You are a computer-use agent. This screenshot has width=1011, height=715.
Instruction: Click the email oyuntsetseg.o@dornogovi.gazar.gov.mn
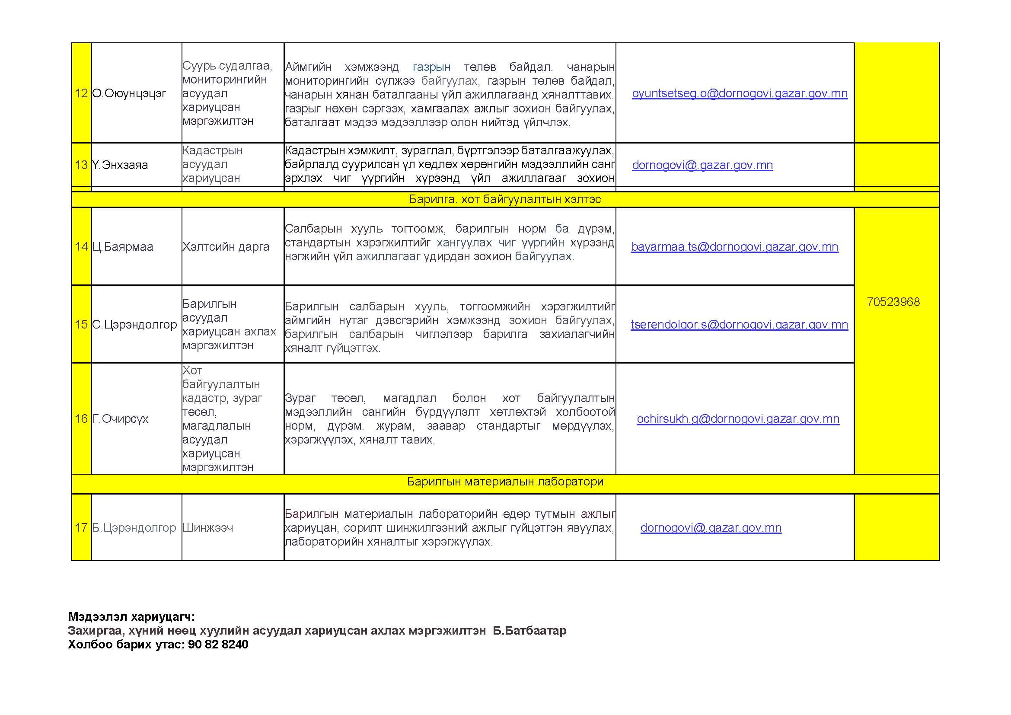(x=739, y=93)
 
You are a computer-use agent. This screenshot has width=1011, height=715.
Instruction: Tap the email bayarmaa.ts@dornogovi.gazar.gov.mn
(x=734, y=247)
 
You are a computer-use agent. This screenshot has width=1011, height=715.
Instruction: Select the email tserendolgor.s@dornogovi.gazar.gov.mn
(x=739, y=325)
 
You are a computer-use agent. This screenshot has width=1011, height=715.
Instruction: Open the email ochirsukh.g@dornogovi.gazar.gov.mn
(x=738, y=419)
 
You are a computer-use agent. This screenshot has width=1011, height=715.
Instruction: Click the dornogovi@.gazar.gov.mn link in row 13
(x=702, y=165)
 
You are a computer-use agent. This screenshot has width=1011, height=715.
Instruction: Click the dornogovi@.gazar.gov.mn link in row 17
(x=711, y=527)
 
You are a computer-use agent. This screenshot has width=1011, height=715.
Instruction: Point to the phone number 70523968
(x=893, y=302)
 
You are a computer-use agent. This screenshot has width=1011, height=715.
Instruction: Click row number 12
(x=81, y=93)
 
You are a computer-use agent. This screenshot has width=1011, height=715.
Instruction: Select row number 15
(x=81, y=325)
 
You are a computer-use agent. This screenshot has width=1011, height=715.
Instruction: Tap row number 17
(x=81, y=527)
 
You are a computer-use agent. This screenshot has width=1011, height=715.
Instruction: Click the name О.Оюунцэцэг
(x=129, y=93)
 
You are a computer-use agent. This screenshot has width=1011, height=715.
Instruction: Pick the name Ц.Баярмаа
(x=122, y=247)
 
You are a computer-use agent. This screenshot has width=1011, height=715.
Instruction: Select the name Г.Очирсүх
(x=120, y=419)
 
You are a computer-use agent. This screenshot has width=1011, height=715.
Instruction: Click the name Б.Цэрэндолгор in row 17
(x=134, y=527)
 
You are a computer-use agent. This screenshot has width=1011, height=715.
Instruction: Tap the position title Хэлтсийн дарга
(x=226, y=247)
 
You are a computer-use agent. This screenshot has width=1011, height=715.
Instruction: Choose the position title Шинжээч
(x=207, y=527)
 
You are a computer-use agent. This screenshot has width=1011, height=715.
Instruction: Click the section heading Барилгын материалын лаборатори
(x=505, y=482)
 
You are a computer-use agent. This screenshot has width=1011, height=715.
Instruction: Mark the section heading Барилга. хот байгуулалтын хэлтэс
(x=505, y=199)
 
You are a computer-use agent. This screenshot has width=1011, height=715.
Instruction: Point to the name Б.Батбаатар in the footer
(x=529, y=630)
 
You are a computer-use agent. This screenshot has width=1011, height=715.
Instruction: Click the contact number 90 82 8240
(x=218, y=645)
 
